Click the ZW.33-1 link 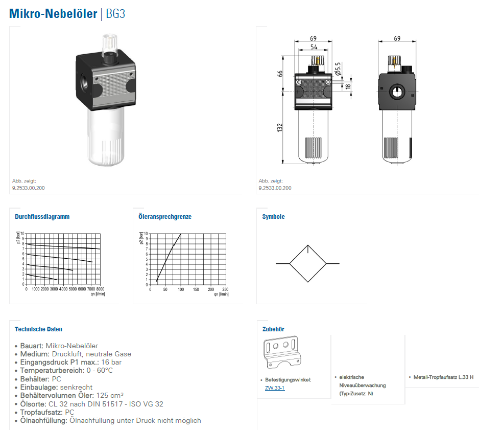pos(275,388)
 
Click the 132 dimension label pos(280,127)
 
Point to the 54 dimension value pos(314,47)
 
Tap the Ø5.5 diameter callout pos(338,69)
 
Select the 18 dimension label pos(348,86)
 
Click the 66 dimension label pos(280,74)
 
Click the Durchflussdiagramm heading pos(42,216)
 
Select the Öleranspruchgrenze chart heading pos(165,216)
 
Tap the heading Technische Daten pos(38,329)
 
